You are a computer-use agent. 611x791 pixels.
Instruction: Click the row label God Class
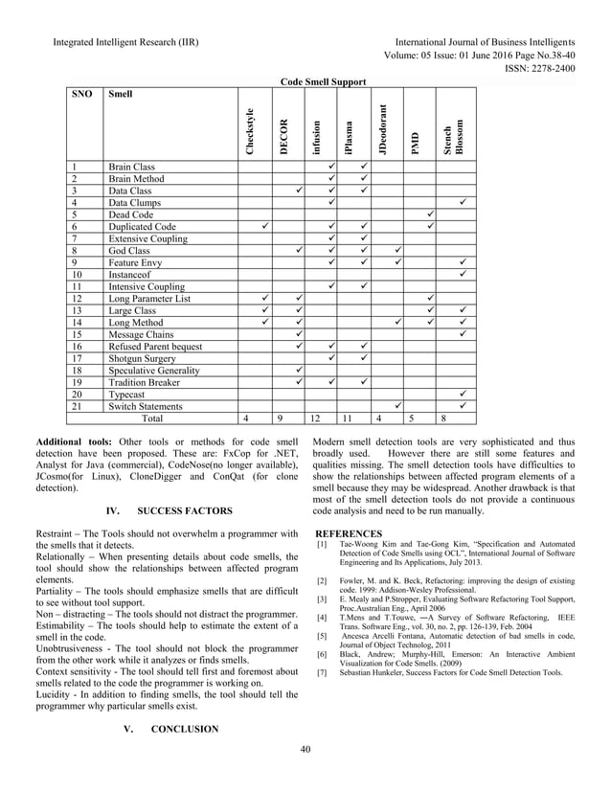pyautogui.click(x=129, y=251)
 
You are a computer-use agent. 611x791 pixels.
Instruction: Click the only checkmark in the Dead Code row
pyautogui.click(x=430, y=215)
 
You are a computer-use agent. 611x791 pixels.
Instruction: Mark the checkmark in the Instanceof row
pyautogui.click(x=463, y=274)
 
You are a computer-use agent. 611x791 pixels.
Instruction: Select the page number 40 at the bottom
pyautogui.click(x=305, y=775)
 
